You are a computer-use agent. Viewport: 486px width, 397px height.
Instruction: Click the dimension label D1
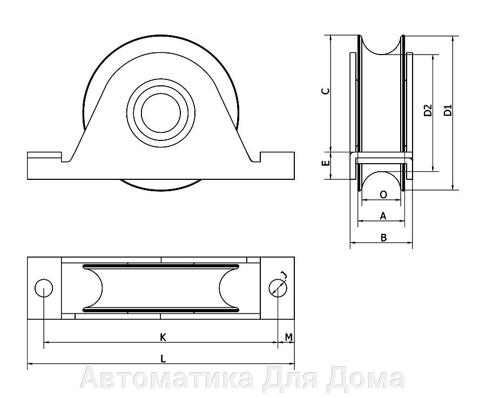click(x=448, y=110)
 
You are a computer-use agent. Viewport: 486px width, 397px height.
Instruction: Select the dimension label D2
click(x=428, y=110)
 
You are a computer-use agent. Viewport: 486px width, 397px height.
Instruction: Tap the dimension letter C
click(x=326, y=91)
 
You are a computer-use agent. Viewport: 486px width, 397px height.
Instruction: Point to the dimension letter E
click(x=326, y=163)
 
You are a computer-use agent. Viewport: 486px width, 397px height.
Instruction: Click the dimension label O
click(x=383, y=194)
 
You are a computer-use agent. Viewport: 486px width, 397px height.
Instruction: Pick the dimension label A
click(x=383, y=216)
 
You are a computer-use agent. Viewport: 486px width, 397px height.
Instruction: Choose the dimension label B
click(x=384, y=238)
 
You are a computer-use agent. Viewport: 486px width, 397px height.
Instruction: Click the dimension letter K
click(x=163, y=337)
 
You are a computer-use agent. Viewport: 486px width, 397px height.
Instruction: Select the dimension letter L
click(x=163, y=359)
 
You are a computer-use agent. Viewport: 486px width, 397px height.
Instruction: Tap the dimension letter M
click(x=289, y=337)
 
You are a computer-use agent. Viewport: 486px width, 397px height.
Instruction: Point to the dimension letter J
click(x=283, y=274)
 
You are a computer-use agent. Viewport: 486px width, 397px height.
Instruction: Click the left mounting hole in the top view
click(x=44, y=288)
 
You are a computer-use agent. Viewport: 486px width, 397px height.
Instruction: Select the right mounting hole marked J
click(x=278, y=288)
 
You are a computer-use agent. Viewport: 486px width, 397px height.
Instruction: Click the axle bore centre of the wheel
click(x=160, y=113)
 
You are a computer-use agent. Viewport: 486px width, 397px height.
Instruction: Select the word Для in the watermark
click(x=293, y=379)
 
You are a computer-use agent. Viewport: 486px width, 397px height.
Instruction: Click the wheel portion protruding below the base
click(x=160, y=185)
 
